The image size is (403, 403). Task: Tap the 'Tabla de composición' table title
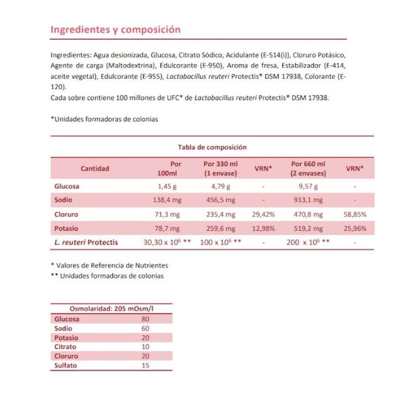coord(212,147)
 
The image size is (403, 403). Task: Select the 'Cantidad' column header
coord(95,168)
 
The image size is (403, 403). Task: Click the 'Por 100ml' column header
coord(170,168)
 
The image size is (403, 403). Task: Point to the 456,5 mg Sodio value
coord(218,200)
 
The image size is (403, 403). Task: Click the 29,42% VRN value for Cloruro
coord(263,214)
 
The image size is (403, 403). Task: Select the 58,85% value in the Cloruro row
coord(354,214)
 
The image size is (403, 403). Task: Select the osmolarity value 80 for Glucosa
coord(145,319)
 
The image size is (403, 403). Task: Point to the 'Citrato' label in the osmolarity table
coord(66,345)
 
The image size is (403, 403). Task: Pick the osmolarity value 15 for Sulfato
coord(145,363)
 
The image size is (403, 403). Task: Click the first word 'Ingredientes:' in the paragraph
coord(71,55)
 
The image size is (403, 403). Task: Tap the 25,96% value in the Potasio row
coord(354,228)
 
